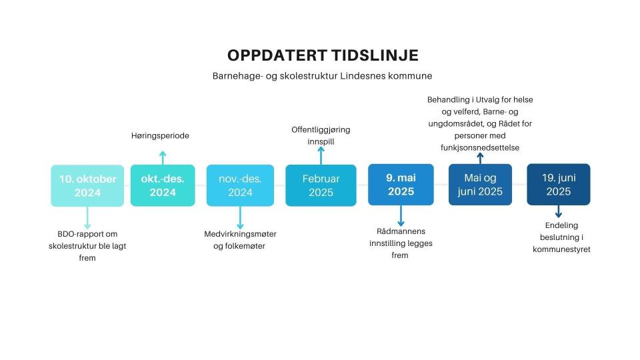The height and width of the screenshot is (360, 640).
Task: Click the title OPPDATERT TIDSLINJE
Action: click(323, 55)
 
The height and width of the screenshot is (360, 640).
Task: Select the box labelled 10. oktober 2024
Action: click(87, 186)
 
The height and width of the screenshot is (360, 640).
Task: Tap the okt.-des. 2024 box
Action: click(163, 185)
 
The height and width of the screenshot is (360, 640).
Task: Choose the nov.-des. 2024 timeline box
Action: click(240, 185)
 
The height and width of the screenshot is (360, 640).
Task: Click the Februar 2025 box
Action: click(321, 185)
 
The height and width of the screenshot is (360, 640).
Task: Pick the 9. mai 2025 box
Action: click(401, 185)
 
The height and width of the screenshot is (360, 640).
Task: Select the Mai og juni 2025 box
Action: click(480, 185)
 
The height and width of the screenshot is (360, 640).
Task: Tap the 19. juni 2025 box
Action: click(559, 185)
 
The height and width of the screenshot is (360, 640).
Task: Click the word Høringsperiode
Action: click(160, 135)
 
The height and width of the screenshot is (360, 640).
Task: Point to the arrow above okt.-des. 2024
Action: click(163, 158)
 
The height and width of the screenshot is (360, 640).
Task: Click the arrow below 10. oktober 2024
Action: click(87, 217)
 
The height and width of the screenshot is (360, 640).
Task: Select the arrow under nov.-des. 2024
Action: click(240, 217)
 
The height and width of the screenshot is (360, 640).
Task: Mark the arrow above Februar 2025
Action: click(321, 155)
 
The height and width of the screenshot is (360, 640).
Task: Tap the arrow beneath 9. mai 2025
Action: click(401, 216)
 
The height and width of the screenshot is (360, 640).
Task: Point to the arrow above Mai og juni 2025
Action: click(480, 159)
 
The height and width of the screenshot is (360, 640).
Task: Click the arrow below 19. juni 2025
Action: click(559, 211)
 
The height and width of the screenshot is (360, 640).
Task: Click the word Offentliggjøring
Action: click(321, 130)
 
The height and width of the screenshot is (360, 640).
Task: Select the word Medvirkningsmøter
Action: click(241, 234)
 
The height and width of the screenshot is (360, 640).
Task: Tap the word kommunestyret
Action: click(561, 249)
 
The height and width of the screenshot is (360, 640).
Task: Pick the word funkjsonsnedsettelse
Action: click(480, 147)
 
